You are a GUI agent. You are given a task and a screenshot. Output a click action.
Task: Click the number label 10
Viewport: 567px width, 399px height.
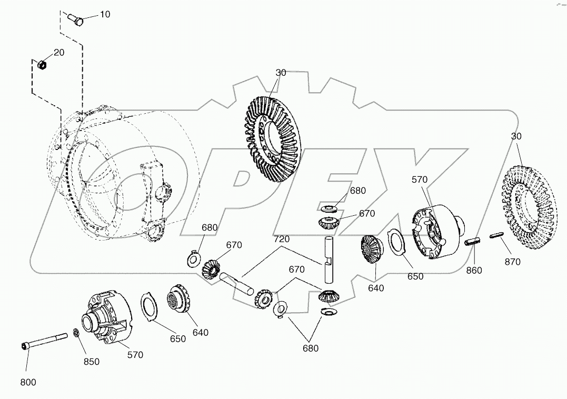[x=105, y=14]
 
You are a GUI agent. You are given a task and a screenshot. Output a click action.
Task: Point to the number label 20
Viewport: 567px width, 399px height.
[x=59, y=53]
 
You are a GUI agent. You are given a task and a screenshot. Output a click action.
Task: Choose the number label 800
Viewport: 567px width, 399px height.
[x=28, y=382]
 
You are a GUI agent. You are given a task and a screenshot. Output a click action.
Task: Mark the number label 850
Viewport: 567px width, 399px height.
[x=91, y=362]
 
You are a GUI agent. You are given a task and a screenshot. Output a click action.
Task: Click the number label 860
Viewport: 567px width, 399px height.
[x=473, y=271]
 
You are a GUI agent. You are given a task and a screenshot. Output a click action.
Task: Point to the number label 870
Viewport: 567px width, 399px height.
[x=512, y=262]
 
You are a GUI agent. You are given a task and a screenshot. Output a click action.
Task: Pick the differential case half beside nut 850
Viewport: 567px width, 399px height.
[x=107, y=318]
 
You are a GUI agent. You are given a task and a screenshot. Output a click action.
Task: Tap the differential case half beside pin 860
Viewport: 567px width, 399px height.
[x=436, y=233]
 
